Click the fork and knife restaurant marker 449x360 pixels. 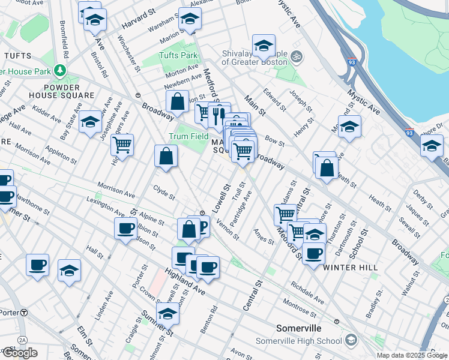point(218,115)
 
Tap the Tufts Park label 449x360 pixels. point(178,56)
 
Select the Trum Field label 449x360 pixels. point(188,137)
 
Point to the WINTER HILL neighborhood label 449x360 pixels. point(351,268)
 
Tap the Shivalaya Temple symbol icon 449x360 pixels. point(295,58)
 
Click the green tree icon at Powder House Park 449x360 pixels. point(59,71)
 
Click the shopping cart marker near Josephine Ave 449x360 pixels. point(122,145)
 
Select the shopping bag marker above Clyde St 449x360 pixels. point(166,157)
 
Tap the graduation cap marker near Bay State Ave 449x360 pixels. point(90,122)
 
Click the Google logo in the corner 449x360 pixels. point(19,353)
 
